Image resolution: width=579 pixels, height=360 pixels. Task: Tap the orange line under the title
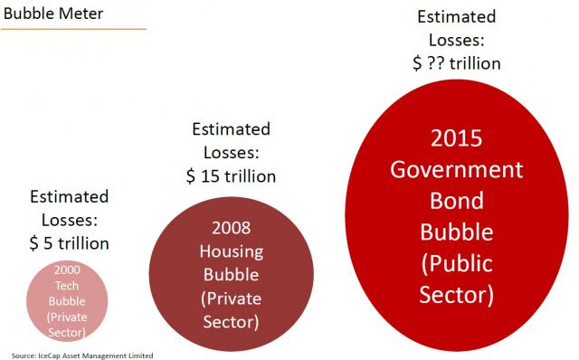(73, 29)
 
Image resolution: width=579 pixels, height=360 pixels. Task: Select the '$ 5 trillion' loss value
(70, 242)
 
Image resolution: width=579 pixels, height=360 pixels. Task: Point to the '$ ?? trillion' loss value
(457, 63)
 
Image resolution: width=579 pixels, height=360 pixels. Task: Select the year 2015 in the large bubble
(457, 140)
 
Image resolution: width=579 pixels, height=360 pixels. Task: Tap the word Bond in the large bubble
(457, 201)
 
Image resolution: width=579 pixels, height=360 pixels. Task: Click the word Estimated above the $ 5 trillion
(70, 196)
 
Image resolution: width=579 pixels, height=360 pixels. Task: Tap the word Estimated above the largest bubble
(457, 17)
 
